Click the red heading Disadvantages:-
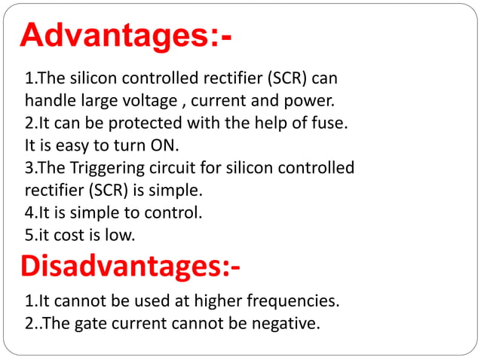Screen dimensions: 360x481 pos(130,266)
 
